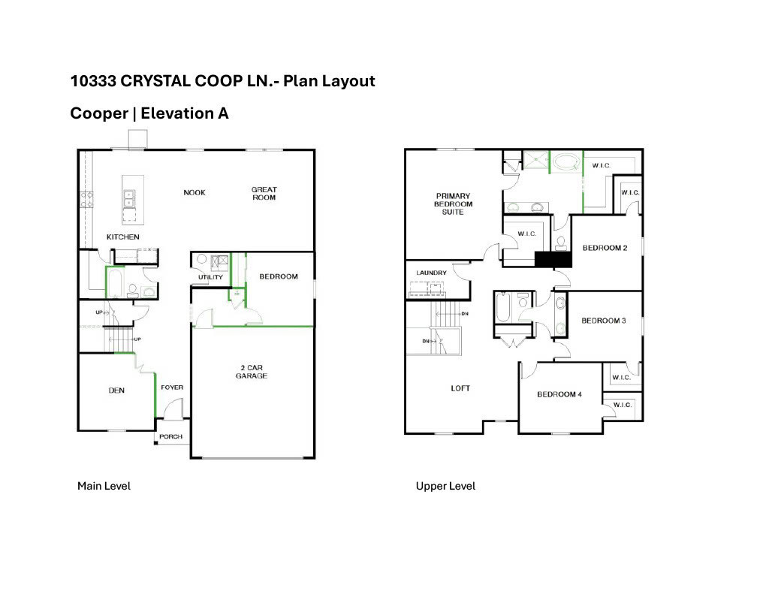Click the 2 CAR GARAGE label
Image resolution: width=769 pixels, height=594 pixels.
click(x=252, y=372)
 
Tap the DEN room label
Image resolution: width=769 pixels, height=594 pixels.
click(x=116, y=390)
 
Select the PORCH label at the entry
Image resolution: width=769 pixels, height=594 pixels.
click(x=170, y=437)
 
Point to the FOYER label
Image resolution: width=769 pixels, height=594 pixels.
click(x=172, y=387)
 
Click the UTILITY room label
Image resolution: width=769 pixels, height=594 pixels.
click(x=210, y=278)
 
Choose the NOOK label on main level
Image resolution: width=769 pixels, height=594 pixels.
click(x=195, y=193)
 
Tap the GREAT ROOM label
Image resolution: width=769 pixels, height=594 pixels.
click(x=264, y=194)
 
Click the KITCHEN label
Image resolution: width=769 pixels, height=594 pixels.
click(x=122, y=237)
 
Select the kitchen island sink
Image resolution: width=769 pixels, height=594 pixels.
click(x=128, y=198)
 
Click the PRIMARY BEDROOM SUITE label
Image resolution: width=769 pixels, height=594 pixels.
click(x=454, y=204)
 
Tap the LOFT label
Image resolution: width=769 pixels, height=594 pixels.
click(x=460, y=388)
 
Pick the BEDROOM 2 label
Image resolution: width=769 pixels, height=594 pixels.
click(x=605, y=248)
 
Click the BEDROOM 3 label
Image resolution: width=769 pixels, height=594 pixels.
click(x=604, y=321)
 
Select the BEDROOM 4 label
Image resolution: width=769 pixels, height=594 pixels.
click(x=559, y=394)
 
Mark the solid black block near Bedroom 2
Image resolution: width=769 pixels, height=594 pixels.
click(x=553, y=259)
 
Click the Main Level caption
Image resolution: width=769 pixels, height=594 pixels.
click(x=104, y=486)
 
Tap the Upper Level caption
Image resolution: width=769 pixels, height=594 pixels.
click(x=445, y=486)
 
